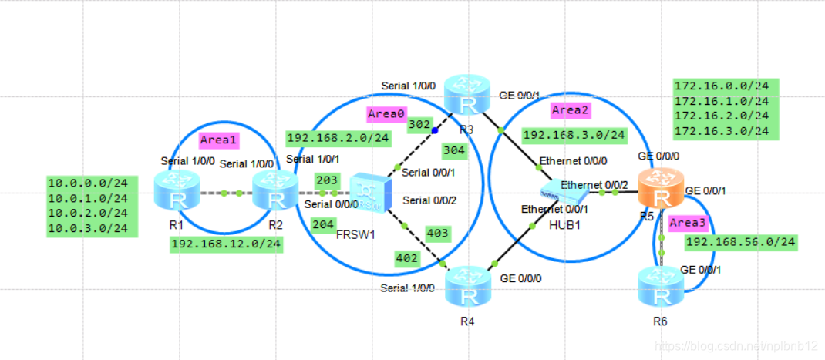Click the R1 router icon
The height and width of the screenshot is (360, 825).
pos(177,191)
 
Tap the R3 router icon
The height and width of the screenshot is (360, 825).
pos(467,95)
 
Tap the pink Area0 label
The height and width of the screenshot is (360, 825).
pos(386,114)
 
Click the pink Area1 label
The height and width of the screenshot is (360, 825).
pos(218,140)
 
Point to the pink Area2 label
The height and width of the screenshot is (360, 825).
pos(571,110)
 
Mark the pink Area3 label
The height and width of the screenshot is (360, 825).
pos(687,223)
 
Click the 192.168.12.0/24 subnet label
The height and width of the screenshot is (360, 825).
pos(226,244)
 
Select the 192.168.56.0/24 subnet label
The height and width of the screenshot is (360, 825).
pos(740,242)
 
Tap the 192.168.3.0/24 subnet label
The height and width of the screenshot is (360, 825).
pos(574,136)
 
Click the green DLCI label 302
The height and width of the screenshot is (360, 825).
pos(419,123)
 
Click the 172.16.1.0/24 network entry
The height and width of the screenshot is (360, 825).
pos(722,101)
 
